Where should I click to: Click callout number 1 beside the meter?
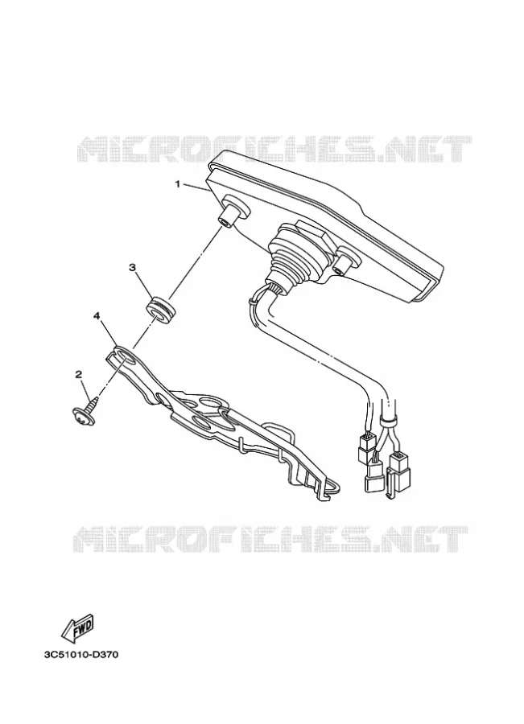coord(177,184)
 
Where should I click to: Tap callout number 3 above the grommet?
coord(132,267)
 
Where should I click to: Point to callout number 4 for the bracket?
coord(97,315)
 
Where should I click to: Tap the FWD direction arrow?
coord(78,628)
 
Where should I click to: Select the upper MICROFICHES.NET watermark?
coord(274,149)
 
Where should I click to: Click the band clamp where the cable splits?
coord(388,420)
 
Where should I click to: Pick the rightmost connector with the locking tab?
coord(397,475)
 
